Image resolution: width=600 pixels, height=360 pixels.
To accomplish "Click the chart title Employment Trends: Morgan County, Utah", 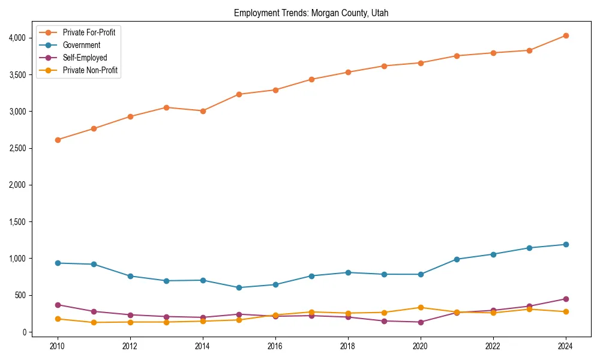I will (x=311, y=13).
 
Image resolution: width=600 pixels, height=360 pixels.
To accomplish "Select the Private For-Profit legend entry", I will (x=89, y=32).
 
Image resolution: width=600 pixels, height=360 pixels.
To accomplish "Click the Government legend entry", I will (x=81, y=45).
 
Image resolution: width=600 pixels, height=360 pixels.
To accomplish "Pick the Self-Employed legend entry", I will (x=85, y=58).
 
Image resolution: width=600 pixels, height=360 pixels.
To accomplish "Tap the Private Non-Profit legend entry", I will (x=90, y=71).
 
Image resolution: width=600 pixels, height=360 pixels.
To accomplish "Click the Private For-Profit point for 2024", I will (x=566, y=36).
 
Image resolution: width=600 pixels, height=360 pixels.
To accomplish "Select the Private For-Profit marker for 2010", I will (x=58, y=140).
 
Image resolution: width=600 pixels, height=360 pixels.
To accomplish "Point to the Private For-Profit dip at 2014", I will (x=203, y=111).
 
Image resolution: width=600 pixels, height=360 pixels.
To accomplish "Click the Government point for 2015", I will (x=239, y=287).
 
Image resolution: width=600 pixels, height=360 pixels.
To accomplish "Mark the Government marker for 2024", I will (x=566, y=244).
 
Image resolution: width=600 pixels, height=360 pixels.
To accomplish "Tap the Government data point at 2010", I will (x=58, y=263).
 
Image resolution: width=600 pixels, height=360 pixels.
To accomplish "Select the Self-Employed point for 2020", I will (x=421, y=322).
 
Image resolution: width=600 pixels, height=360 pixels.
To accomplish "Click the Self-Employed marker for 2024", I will (x=566, y=299).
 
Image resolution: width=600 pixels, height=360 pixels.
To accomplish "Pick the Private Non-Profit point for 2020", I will (x=421, y=307).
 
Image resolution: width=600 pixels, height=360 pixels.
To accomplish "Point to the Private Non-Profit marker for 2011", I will (x=94, y=322).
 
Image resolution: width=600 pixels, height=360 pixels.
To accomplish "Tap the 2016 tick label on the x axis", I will (x=275, y=346).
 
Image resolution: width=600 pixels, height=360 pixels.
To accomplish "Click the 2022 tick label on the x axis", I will (x=493, y=346).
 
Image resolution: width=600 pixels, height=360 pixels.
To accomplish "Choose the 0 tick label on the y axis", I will (x=25, y=332).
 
